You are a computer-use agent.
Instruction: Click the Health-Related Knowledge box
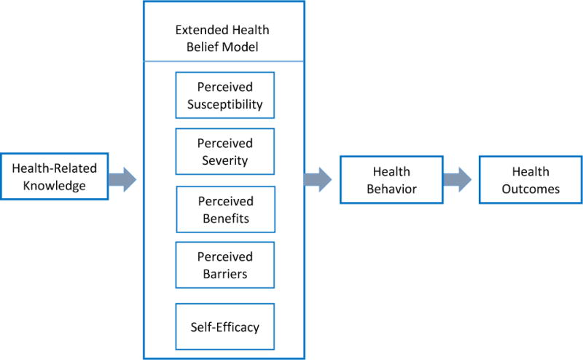(x=55, y=177)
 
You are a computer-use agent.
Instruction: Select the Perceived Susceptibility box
(x=224, y=95)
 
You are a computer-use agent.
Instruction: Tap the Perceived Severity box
(x=224, y=152)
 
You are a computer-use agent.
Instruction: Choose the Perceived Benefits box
(x=224, y=208)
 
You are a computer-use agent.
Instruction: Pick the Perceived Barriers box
(x=224, y=265)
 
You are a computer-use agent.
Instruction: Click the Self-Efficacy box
(x=224, y=326)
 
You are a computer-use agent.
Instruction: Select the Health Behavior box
(x=391, y=180)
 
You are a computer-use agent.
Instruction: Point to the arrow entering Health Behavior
(x=318, y=179)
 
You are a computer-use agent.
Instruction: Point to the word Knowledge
(x=55, y=185)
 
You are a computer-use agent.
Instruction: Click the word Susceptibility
(x=224, y=103)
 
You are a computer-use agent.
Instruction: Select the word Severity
(x=224, y=160)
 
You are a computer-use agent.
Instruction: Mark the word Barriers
(x=224, y=273)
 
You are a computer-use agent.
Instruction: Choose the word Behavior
(x=391, y=188)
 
